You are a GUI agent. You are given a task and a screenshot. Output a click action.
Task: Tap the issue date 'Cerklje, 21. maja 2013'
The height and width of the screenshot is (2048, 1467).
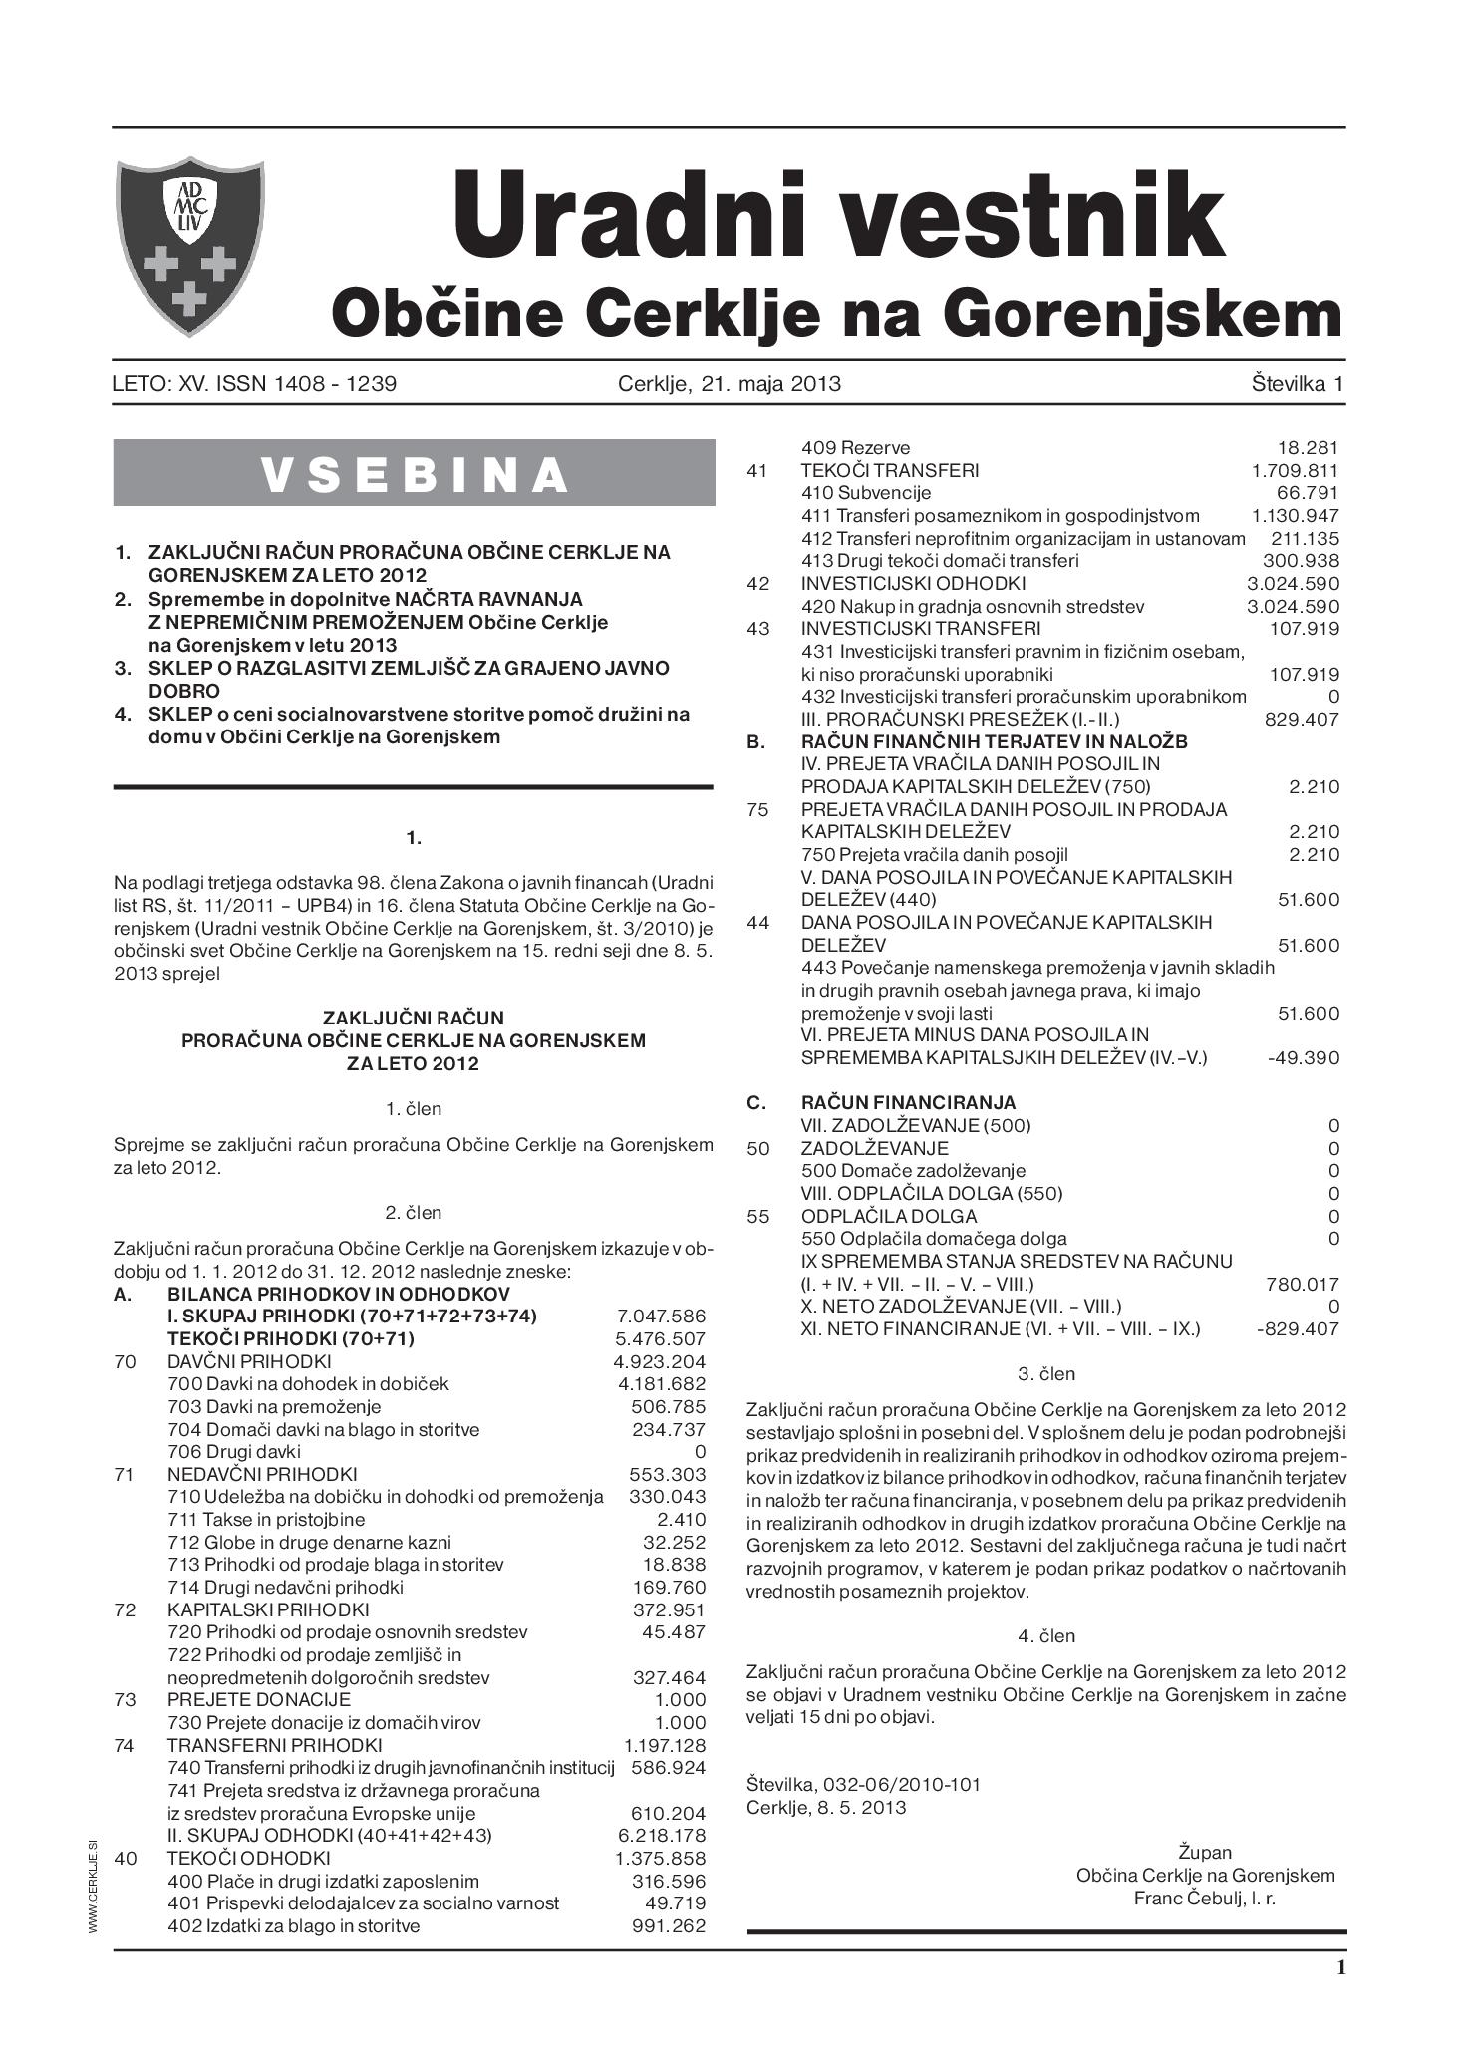(730, 383)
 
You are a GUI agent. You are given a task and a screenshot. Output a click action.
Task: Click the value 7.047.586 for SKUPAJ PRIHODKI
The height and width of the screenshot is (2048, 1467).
(661, 1316)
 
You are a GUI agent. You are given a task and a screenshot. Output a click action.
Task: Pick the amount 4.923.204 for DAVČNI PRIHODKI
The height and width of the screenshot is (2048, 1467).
(660, 1361)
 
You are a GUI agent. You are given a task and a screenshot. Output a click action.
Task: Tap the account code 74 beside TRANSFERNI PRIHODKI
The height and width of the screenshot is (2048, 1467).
(125, 1745)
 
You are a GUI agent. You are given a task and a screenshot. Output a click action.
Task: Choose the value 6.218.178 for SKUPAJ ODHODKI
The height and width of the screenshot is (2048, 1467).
(661, 1835)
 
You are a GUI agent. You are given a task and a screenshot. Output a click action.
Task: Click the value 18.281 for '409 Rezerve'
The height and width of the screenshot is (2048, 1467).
(1308, 448)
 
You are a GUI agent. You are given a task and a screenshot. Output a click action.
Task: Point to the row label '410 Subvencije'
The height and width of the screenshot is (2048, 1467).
(866, 493)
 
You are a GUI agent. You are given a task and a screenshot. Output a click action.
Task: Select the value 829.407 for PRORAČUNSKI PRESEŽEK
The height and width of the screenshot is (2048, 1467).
(1302, 719)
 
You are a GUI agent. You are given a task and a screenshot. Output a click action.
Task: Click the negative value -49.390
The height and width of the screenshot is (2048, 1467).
(1304, 1057)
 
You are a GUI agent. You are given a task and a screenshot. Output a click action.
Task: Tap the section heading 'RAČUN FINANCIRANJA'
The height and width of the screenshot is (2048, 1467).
(908, 1102)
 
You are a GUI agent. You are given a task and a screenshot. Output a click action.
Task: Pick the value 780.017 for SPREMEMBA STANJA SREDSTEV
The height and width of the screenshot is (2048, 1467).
(1302, 1284)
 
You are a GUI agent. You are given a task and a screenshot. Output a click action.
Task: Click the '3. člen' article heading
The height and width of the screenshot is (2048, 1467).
(1045, 1373)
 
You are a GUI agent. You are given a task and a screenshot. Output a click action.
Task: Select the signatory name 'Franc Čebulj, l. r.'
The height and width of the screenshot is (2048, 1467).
(1204, 1898)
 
